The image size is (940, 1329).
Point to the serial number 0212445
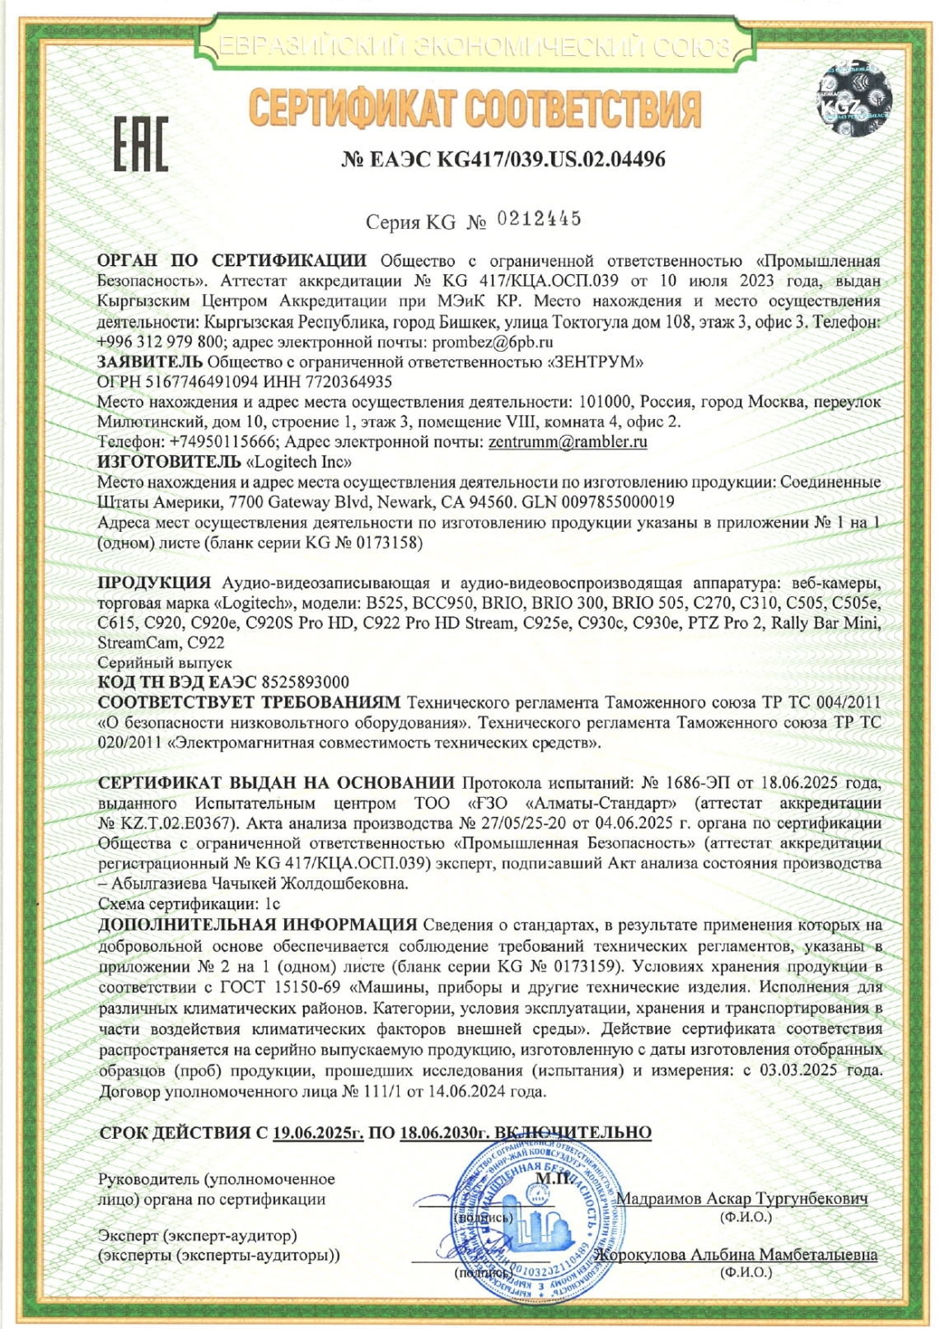pyautogui.click(x=540, y=219)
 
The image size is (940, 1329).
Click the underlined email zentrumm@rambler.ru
pyautogui.click(x=568, y=442)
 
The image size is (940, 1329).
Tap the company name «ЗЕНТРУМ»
pyautogui.click(x=596, y=362)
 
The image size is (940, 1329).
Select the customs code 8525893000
pyautogui.click(x=305, y=683)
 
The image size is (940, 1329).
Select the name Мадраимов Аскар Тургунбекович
pyautogui.click(x=741, y=1199)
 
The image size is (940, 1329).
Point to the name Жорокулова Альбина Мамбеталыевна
pyautogui.click(x=737, y=1256)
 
